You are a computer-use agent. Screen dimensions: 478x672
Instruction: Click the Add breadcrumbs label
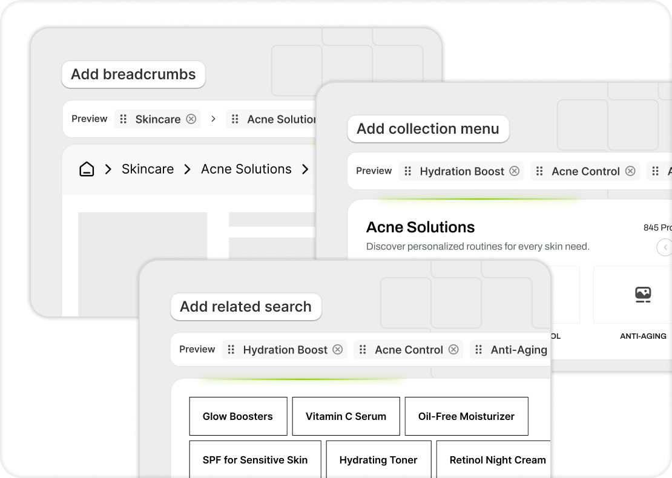click(x=133, y=74)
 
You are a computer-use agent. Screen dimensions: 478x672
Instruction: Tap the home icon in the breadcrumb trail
click(x=87, y=169)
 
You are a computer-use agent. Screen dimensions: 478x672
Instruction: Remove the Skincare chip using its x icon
click(x=191, y=119)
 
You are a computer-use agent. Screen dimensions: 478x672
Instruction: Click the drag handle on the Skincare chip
click(x=124, y=119)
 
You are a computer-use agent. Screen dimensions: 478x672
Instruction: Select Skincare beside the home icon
click(x=148, y=169)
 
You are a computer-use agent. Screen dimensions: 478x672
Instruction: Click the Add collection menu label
click(x=427, y=129)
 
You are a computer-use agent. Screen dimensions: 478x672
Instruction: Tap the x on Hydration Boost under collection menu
click(x=515, y=171)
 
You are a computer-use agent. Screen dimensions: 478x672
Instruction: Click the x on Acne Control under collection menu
click(x=630, y=171)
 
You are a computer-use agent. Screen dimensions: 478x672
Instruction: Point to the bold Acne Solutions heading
click(x=420, y=228)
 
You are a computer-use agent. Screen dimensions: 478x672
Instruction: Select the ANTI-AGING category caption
click(x=643, y=336)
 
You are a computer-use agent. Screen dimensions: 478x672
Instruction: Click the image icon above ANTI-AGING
click(x=643, y=295)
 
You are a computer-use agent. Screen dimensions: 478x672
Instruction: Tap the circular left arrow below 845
click(x=665, y=247)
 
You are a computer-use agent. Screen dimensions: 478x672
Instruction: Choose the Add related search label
click(x=246, y=307)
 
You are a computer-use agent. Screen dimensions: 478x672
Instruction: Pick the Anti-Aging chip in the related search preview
click(x=518, y=350)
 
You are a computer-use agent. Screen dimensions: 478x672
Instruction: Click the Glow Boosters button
click(x=238, y=416)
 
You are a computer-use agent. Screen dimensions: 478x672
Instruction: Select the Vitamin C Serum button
click(x=346, y=416)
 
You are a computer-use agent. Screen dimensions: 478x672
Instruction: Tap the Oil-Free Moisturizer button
click(x=466, y=416)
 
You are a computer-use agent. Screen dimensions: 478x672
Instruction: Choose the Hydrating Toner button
click(x=378, y=460)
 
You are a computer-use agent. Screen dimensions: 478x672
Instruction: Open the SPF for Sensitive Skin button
click(x=255, y=460)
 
